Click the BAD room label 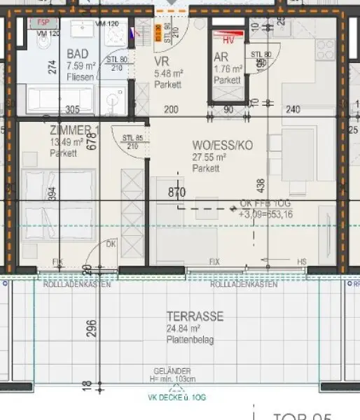click(x=77, y=54)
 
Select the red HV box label click(x=228, y=41)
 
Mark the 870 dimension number click(x=176, y=191)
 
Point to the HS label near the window click(x=303, y=262)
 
